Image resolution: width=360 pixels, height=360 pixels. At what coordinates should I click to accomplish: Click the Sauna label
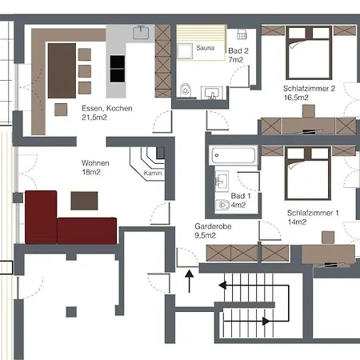coord(206,49)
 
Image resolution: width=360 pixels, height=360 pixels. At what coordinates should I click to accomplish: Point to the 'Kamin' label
coord(153,173)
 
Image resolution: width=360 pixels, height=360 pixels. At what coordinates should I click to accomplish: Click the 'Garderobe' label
coord(210,226)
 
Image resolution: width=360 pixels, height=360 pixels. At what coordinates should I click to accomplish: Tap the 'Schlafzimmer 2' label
coord(308,88)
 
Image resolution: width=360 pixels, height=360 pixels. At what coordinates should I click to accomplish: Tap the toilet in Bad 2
coord(186,90)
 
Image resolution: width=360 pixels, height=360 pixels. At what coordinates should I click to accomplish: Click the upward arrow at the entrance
coord(189,281)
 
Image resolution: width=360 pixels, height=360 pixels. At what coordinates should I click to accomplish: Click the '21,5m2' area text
coord(95,118)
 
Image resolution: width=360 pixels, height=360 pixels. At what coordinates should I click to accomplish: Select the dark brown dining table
coord(61,67)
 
